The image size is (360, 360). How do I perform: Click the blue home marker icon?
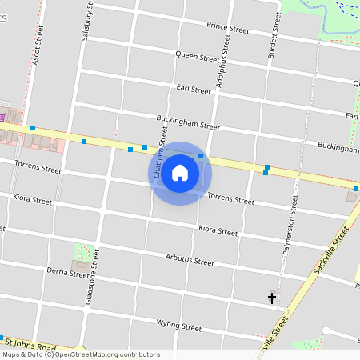(x=180, y=173)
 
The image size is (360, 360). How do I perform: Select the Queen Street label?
(x=198, y=57)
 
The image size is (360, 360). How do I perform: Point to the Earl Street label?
(x=194, y=90)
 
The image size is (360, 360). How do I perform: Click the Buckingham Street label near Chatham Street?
(x=188, y=126)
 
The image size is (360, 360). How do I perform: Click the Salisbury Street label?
(x=88, y=20)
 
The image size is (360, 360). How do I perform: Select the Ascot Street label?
(x=35, y=49)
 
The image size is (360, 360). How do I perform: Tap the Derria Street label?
(x=68, y=274)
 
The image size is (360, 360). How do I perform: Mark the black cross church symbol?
(x=272, y=298)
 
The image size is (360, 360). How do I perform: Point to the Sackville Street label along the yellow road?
(x=333, y=252)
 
